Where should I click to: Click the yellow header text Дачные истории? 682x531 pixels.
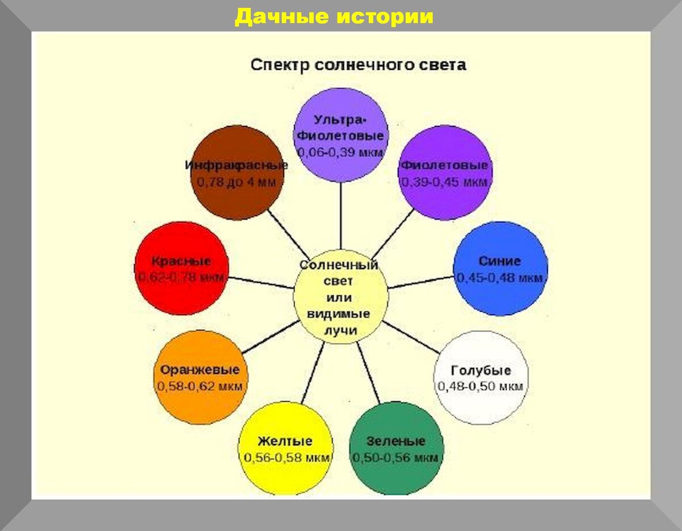334,16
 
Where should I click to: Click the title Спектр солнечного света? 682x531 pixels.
358,65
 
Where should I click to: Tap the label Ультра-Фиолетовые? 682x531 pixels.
341,128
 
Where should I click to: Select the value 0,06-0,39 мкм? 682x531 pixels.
341,153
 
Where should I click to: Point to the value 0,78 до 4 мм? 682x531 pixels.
236,182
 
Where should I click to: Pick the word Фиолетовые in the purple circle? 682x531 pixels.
444,165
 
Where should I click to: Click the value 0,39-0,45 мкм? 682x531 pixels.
444,182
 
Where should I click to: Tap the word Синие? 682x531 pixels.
500,261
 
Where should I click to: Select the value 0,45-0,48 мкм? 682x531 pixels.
500,278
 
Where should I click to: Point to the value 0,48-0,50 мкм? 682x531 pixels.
481,386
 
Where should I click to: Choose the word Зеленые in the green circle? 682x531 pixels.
396,441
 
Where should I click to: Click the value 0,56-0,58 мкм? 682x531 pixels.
286,458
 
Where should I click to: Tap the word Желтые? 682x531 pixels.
285,441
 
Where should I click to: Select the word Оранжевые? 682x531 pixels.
199,370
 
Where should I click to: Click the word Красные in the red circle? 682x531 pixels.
181,261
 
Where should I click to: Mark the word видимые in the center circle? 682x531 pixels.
339,313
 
